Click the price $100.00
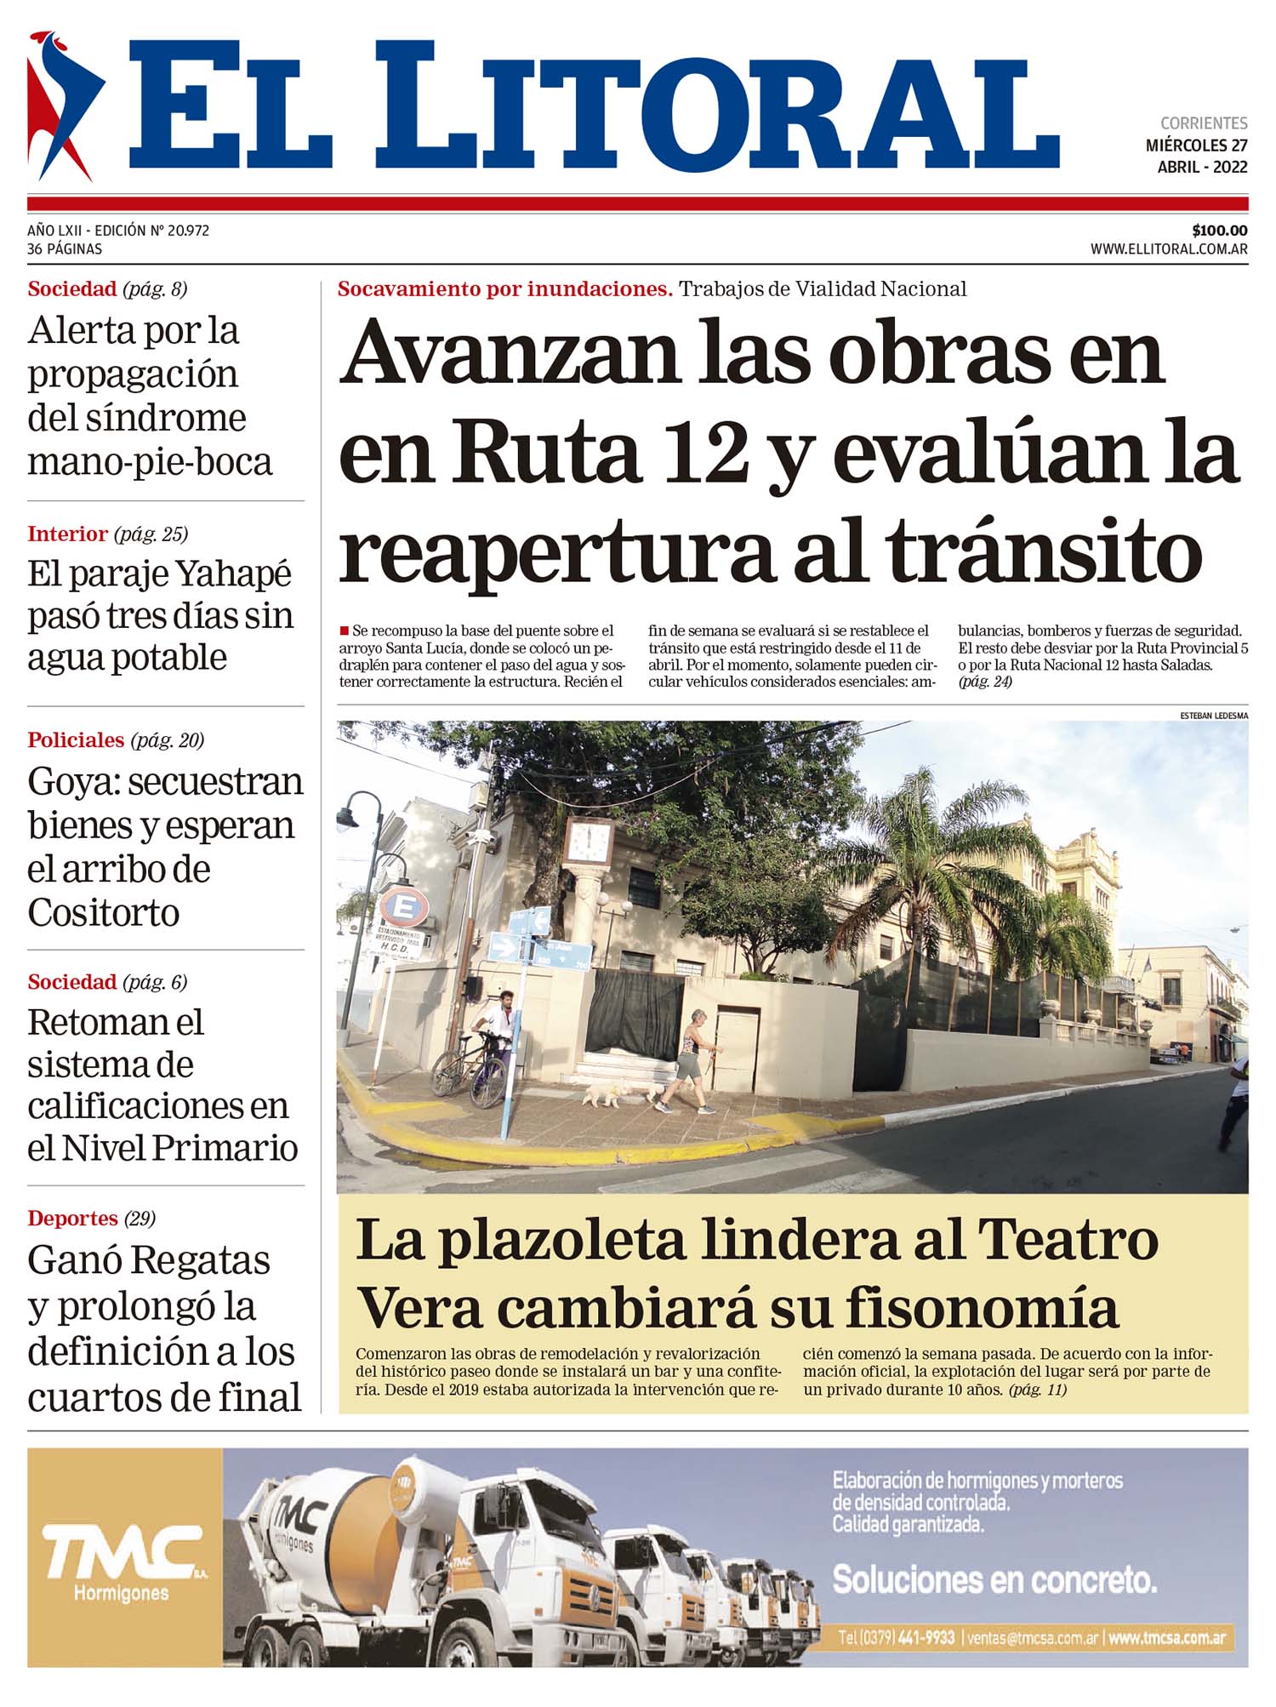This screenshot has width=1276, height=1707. click(x=1219, y=231)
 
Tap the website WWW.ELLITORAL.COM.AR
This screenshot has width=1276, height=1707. click(x=1169, y=249)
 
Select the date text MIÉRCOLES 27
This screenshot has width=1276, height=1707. click(x=1196, y=146)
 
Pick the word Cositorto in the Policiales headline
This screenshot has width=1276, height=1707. click(x=103, y=913)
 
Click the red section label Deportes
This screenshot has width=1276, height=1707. click(x=72, y=1218)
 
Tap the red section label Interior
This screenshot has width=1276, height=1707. click(x=67, y=534)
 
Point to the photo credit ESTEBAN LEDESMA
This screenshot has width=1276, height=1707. click(x=1214, y=716)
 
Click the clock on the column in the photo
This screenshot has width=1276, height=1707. click(x=588, y=842)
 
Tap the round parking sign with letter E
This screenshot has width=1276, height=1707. click(x=402, y=908)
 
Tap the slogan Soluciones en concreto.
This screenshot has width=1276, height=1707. click(x=994, y=1580)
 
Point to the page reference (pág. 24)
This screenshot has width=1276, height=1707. click(x=985, y=682)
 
